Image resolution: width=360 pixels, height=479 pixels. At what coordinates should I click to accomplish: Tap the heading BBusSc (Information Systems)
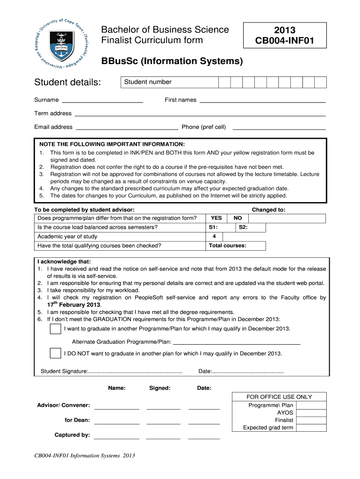[x=172, y=61]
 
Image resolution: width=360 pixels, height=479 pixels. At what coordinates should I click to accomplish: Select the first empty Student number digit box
[x=225, y=83]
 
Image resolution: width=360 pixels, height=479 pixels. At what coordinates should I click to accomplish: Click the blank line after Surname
[x=102, y=101]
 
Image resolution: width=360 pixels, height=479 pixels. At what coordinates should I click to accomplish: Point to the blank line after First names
[x=262, y=101]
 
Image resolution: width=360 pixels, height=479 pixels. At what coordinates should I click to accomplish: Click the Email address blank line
[x=127, y=128]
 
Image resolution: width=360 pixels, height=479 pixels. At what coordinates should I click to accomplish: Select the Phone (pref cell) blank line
[x=279, y=128]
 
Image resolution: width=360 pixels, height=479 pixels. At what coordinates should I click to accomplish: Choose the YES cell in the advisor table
[x=217, y=218]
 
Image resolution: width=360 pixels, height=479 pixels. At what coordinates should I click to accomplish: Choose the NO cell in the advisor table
[x=238, y=218]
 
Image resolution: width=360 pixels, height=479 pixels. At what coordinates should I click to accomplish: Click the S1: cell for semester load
[x=221, y=228]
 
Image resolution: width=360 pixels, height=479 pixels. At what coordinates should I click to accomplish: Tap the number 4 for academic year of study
[x=214, y=237]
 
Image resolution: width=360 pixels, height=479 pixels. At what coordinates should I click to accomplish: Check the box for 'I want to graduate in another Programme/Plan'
[x=55, y=329]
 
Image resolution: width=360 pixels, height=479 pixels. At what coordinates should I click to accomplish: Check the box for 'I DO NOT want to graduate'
[x=55, y=353]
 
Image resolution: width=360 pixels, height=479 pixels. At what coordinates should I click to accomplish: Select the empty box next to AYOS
[x=311, y=413]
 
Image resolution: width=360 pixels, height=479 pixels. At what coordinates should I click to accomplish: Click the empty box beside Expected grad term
[x=311, y=428]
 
